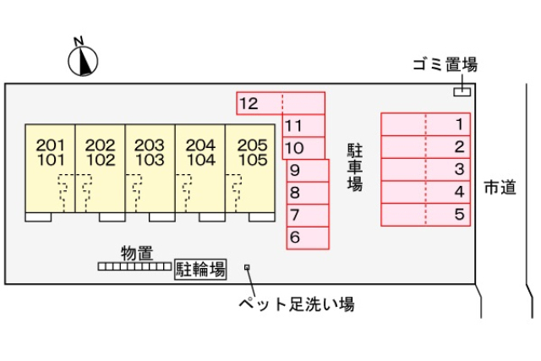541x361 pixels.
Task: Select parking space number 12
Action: click(x=280, y=103)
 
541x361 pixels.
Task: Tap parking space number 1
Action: click(x=424, y=124)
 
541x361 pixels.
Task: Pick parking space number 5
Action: click(x=424, y=215)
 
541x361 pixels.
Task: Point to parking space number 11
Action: click(x=303, y=126)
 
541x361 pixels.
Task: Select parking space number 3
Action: click(x=424, y=169)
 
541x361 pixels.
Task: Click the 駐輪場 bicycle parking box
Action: click(x=200, y=270)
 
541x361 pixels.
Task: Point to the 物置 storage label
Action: click(x=136, y=252)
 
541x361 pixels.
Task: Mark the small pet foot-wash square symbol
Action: click(x=247, y=267)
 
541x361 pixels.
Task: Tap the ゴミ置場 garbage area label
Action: click(x=445, y=65)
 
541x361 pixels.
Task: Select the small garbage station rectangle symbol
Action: click(x=462, y=90)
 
